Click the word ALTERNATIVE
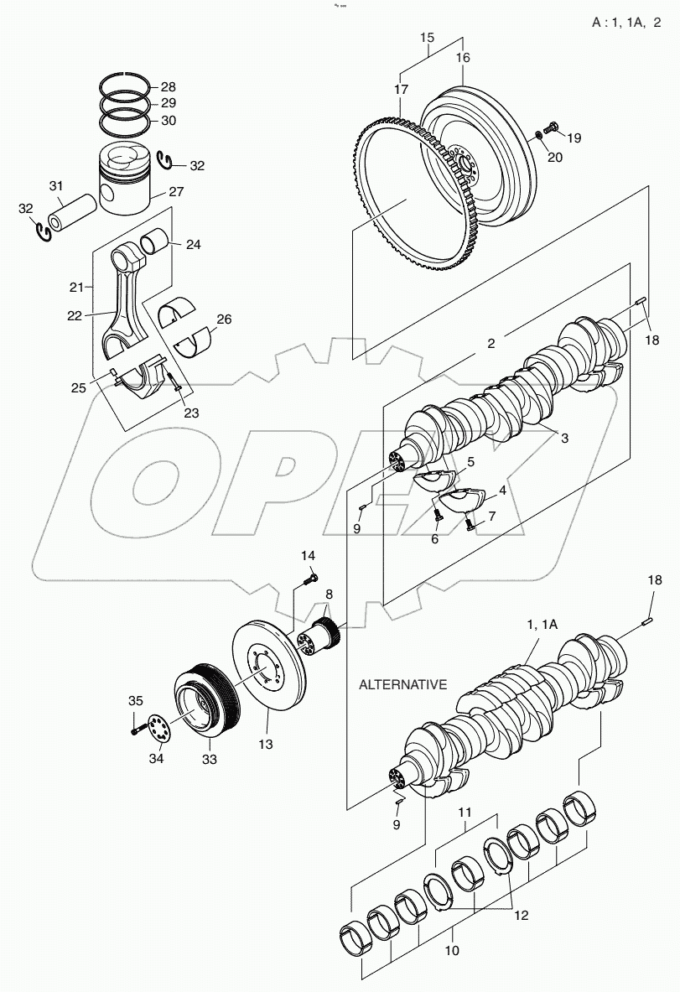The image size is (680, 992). tap(402, 684)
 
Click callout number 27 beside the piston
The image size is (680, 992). tap(176, 192)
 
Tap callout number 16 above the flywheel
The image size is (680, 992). tap(463, 58)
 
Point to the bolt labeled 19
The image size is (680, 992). tap(552, 127)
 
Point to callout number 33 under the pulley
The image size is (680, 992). tap(208, 760)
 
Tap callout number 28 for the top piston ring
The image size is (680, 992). tap(169, 87)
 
